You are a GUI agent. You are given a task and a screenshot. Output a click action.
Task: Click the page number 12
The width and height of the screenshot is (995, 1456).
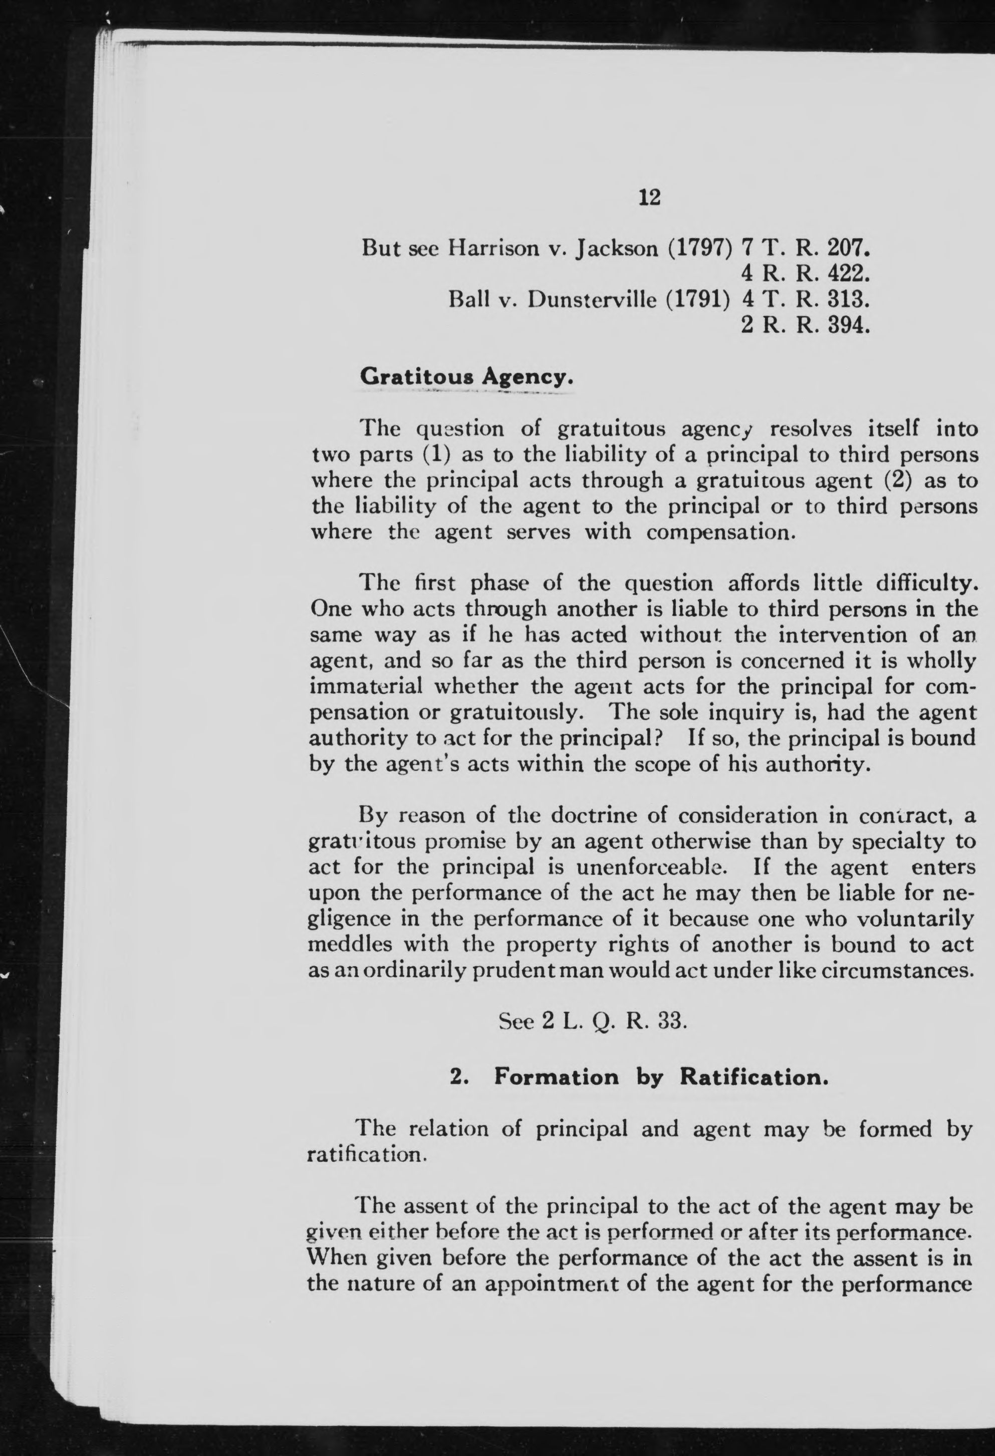click(649, 198)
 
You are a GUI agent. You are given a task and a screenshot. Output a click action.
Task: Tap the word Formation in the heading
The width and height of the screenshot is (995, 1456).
click(556, 1077)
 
